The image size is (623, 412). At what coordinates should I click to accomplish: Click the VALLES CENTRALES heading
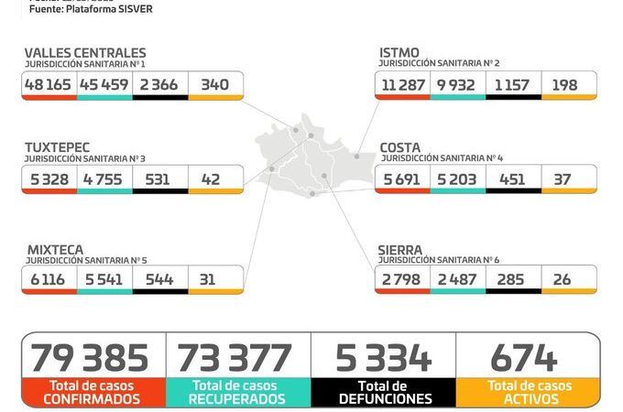click(x=84, y=53)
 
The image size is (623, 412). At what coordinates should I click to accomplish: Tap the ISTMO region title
click(x=399, y=53)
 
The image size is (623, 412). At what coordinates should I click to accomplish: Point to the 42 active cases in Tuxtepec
click(x=210, y=179)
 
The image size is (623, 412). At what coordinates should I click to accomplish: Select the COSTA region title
click(x=400, y=146)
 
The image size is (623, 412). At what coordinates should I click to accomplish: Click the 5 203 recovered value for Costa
click(x=457, y=179)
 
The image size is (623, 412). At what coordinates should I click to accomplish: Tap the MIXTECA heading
click(x=54, y=248)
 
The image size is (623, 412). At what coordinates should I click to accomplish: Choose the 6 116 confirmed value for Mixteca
click(x=47, y=279)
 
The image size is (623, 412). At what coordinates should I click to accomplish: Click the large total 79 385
click(x=90, y=357)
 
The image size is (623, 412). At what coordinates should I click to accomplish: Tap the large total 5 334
click(x=383, y=357)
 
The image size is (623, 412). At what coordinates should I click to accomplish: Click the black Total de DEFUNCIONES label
click(x=384, y=392)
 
